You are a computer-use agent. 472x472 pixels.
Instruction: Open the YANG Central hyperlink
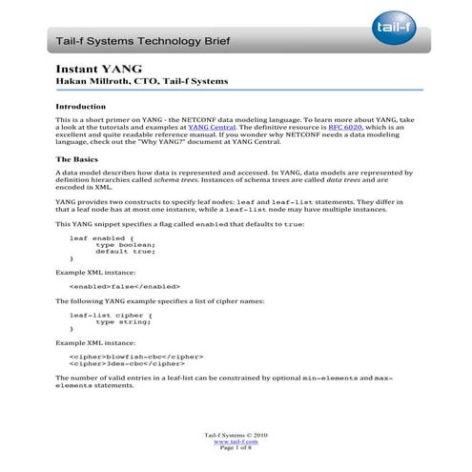[214, 125]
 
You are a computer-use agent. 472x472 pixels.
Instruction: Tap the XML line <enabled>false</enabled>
[125, 285]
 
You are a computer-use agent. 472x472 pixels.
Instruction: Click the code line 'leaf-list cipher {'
[111, 314]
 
